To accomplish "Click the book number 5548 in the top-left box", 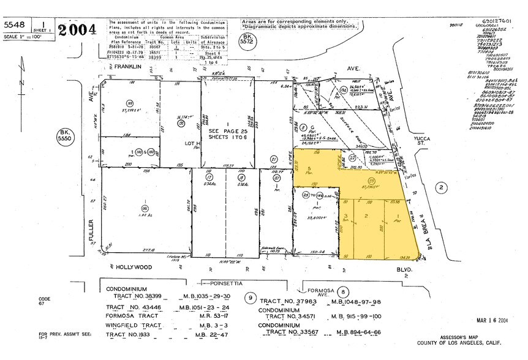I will tap(15, 24).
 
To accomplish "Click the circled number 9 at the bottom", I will tap(249, 298).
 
